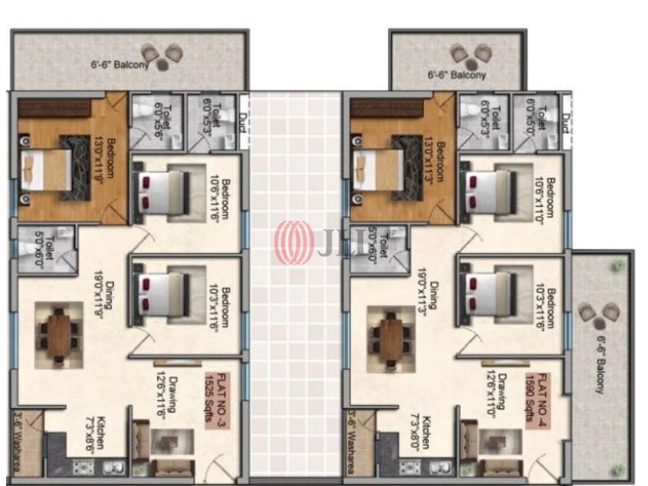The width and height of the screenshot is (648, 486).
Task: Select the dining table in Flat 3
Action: [x=59, y=335]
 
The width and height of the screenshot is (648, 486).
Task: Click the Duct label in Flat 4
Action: [x=566, y=124]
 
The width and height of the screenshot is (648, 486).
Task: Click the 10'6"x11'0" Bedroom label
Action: [x=545, y=197]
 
